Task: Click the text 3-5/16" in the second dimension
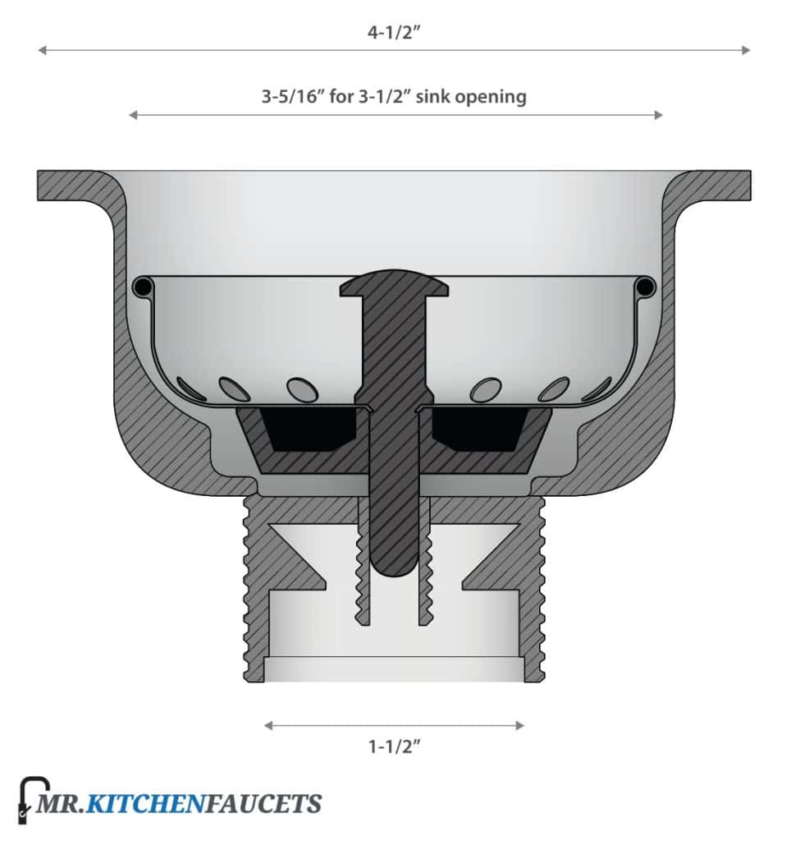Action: pyautogui.click(x=293, y=96)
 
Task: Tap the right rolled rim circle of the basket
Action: pyautogui.click(x=645, y=287)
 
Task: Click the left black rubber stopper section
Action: pyautogui.click(x=312, y=427)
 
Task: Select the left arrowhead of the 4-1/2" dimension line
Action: pyautogui.click(x=41, y=50)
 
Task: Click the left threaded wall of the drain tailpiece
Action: pyautogui.click(x=254, y=591)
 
